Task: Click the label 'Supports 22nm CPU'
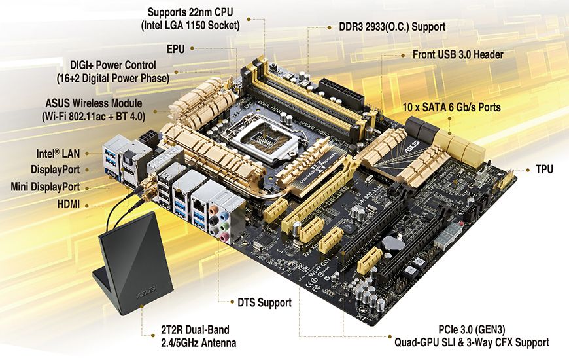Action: tap(190, 12)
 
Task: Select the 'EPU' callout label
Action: tap(176, 48)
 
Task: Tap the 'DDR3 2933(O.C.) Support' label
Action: tap(392, 27)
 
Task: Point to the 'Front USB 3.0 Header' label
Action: tap(458, 55)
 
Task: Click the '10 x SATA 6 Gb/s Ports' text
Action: tap(452, 107)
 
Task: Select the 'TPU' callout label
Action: tap(544, 170)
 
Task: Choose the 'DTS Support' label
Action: tap(264, 302)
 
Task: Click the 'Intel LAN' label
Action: tap(58, 153)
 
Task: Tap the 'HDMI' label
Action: tap(69, 204)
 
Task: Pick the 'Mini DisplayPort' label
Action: tap(45, 187)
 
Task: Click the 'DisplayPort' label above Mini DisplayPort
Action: tap(55, 170)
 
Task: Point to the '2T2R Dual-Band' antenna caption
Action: tap(196, 330)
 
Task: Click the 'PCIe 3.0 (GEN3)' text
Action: tap(472, 329)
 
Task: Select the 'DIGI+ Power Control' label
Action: tap(113, 65)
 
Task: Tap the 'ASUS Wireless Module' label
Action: tap(94, 103)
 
